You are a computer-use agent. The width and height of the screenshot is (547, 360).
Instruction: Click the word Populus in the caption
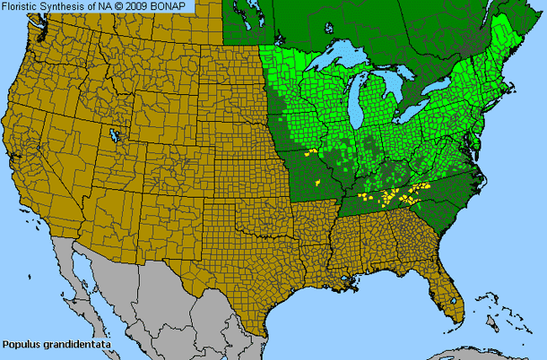pyautogui.click(x=21, y=345)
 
